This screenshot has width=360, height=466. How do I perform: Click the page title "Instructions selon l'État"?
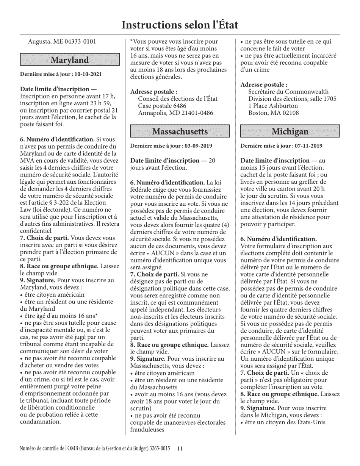coord(180,25)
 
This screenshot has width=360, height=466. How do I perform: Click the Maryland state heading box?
coord(70,60)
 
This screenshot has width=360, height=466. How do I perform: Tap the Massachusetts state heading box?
coord(180,131)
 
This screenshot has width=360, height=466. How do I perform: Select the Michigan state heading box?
coord(290,131)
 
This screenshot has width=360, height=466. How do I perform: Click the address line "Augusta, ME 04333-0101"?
coord(62,42)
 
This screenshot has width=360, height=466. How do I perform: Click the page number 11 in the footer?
coord(180,449)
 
